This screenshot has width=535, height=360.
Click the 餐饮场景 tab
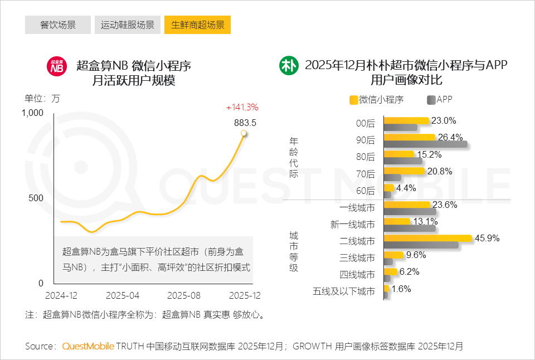[58, 25]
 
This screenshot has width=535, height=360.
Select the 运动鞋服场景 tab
[128, 25]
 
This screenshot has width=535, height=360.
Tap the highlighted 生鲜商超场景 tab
[197, 25]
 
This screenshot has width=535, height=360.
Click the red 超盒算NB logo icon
[56, 66]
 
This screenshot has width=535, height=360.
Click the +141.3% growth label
[242, 107]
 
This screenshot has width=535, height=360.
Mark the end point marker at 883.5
[244, 133]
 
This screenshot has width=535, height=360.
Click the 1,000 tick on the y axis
[32, 113]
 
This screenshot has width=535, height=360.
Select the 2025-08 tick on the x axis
[184, 295]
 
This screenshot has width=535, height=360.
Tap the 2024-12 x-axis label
[61, 295]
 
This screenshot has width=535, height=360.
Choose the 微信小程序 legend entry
[376, 100]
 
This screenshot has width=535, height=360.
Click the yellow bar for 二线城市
[428, 238]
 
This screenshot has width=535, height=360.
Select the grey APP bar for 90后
[426, 144]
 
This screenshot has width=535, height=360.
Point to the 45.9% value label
[487, 238]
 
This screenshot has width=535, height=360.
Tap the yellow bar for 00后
[406, 120]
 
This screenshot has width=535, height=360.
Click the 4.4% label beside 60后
[406, 188]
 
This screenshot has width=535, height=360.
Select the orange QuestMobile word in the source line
[88, 346]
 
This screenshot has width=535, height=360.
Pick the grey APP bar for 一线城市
[410, 211]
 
